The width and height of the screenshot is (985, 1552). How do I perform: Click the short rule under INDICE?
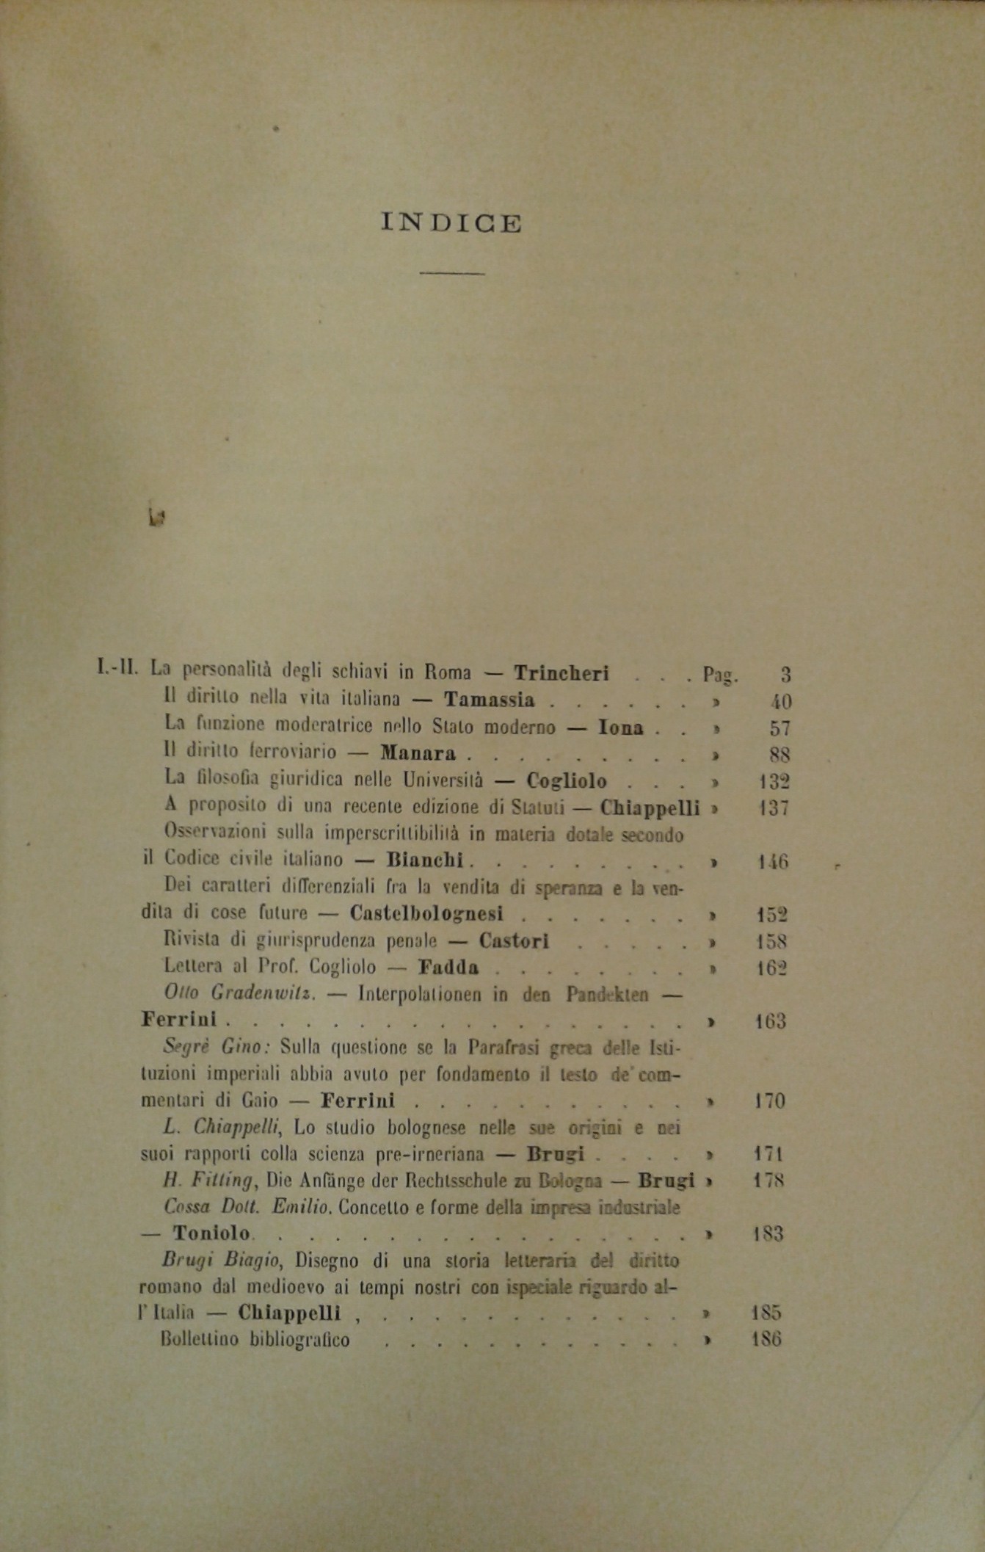451,274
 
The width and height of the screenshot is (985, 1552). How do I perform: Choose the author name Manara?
418,753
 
